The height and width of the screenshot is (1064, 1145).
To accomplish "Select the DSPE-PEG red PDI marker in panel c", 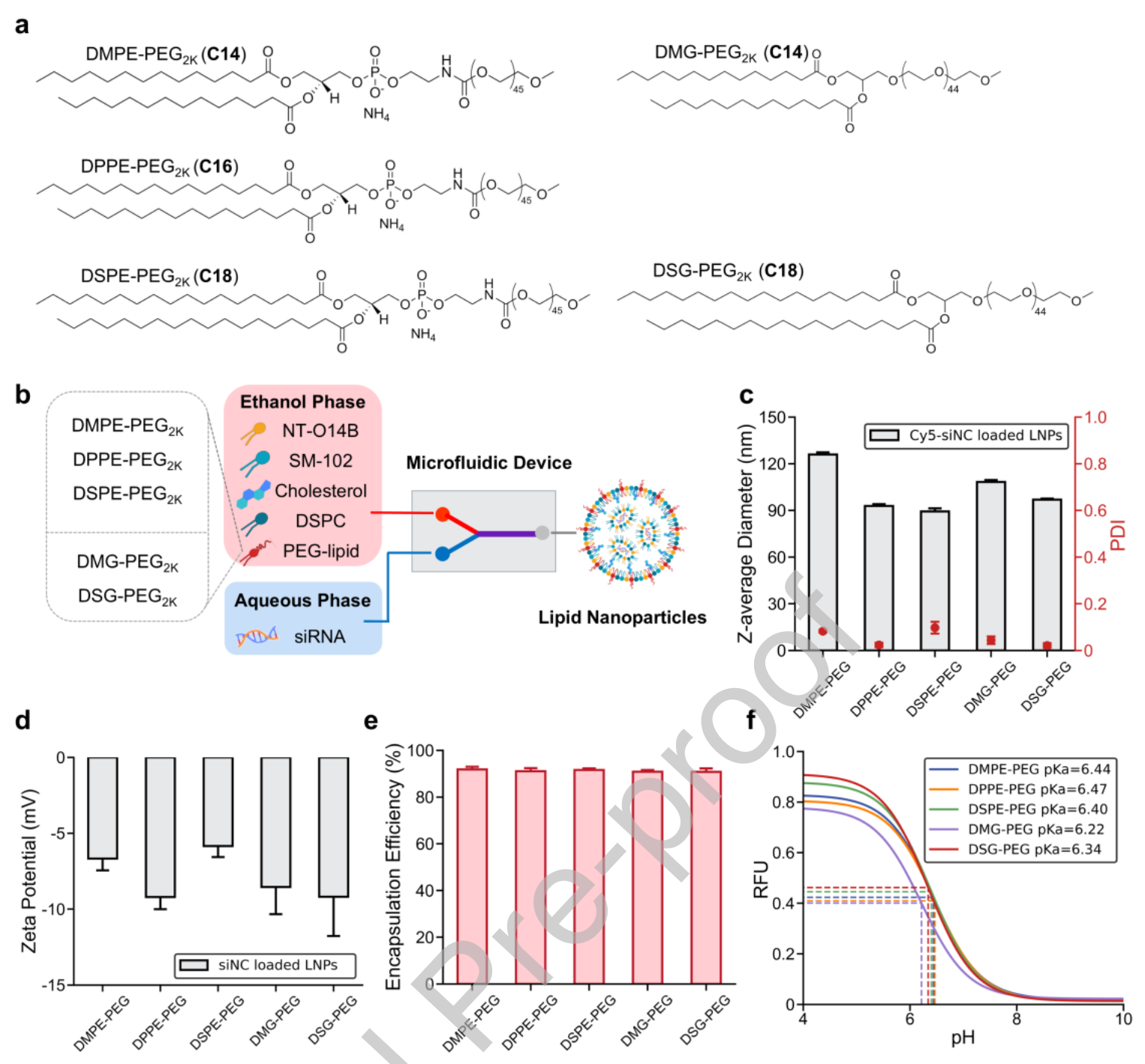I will pos(935,627).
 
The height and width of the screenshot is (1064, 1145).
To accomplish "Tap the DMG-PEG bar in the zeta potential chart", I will pos(275,822).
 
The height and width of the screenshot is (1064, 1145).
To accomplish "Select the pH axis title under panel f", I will pos(963,1038).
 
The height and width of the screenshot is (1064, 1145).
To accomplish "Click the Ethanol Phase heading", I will pos(302,402).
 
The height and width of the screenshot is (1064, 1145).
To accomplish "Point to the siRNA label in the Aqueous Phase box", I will pos(320,637).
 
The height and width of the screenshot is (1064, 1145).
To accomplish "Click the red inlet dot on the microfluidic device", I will pos(443,514).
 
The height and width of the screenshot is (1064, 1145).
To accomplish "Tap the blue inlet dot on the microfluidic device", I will pos(443,554).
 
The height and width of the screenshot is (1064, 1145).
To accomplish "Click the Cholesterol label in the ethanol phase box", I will pos(320,491).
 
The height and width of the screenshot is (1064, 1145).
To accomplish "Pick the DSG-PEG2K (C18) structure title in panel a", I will pos(727,271).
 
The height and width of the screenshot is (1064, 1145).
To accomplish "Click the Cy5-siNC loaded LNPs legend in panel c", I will pos(966,435).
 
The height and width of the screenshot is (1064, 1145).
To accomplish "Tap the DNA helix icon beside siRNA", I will pos(257,636).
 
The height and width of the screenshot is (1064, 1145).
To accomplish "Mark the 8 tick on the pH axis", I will pos(1016,1019).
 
